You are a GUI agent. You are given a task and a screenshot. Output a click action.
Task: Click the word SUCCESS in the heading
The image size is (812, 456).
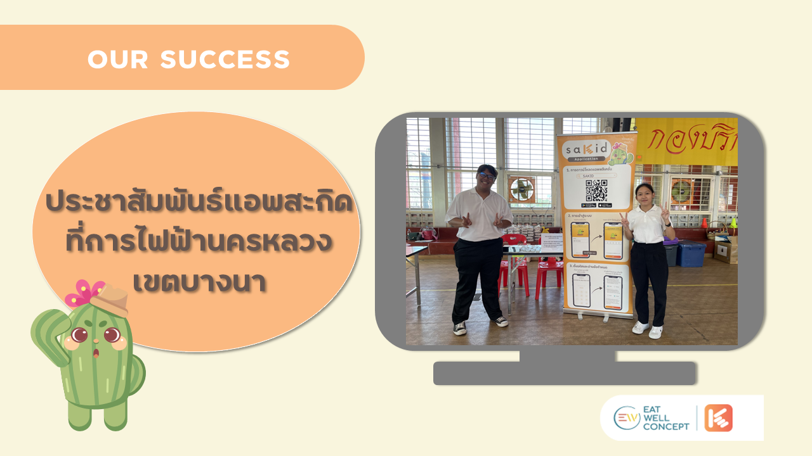coord(225,60)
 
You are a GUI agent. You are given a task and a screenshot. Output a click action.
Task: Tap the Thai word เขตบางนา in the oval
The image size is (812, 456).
coord(200,282)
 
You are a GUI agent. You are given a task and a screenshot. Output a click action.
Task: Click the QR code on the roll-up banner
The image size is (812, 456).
coord(596,189)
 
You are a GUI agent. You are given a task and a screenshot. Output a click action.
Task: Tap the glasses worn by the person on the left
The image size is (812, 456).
coord(487,175)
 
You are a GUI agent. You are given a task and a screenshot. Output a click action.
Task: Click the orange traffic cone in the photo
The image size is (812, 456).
coord(704,223)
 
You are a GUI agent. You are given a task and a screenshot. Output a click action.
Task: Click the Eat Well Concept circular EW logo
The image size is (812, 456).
coord(627,418)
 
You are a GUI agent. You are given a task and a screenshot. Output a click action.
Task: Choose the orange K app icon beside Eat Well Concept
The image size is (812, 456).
coord(718,418)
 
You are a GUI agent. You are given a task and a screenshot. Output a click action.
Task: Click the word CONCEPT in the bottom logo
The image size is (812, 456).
coord(665,427)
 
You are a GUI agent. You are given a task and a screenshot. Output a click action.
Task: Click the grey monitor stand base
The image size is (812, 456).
coord(565,373)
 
